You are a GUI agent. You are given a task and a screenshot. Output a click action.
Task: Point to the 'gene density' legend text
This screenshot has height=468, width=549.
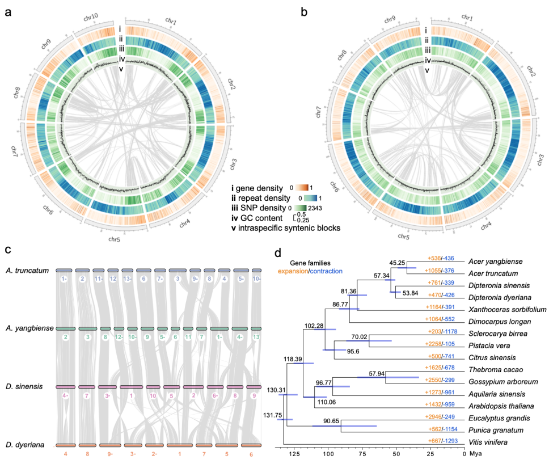(260, 187)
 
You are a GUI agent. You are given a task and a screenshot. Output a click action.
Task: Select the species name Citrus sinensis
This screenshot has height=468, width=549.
(492, 358)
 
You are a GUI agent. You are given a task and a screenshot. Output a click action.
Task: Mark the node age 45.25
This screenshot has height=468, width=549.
(397, 263)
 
